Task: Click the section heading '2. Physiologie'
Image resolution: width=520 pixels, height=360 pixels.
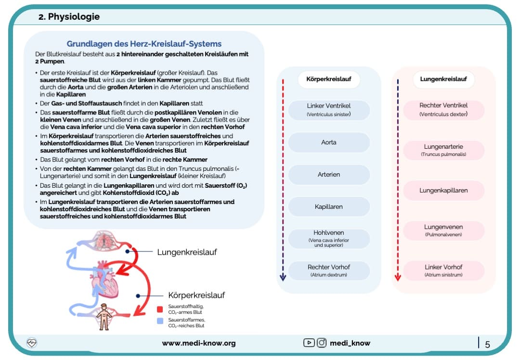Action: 69,17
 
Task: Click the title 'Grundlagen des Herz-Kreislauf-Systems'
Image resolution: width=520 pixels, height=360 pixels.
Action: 144,44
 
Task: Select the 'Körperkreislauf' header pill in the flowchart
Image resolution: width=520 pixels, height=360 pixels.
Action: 328,79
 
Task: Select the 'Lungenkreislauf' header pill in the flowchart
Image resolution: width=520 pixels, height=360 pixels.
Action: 443,79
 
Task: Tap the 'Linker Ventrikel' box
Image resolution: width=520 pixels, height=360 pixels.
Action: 328,109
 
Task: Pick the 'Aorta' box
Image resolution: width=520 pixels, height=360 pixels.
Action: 328,142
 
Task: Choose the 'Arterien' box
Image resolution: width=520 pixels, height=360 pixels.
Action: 328,175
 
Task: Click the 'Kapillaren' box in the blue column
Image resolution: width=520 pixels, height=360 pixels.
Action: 328,207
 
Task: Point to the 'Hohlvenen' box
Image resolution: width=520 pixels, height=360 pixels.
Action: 328,238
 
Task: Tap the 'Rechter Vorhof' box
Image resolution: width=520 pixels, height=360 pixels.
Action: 328,270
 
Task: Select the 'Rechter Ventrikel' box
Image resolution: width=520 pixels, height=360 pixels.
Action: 443,109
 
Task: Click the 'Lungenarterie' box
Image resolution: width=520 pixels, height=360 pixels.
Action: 443,150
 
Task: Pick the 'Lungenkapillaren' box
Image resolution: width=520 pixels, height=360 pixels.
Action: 443,191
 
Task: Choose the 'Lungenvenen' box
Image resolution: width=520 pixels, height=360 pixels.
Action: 443,230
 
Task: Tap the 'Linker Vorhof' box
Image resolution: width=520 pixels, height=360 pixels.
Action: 443,270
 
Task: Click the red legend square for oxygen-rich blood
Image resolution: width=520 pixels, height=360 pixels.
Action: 160,309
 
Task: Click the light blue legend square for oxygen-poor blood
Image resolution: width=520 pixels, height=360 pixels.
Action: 160,322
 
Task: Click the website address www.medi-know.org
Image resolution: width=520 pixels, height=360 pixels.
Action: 198,343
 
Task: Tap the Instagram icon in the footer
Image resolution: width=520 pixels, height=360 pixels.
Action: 322,343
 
